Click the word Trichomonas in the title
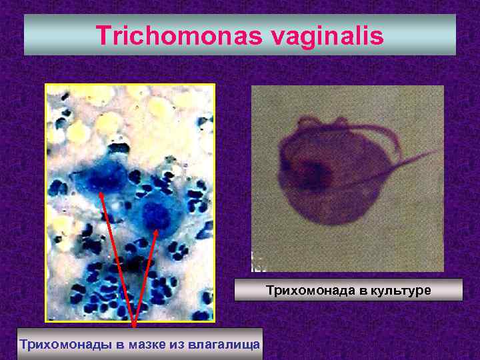click(x=181, y=35)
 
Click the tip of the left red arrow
click(x=101, y=192)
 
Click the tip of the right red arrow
click(x=157, y=230)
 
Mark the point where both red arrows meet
click(x=134, y=325)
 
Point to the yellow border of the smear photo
click(x=45, y=200)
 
